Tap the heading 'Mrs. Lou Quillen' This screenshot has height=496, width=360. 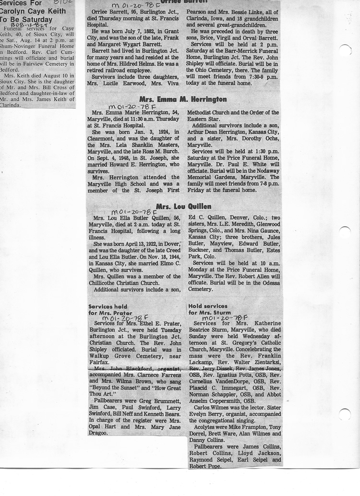tap(184, 206)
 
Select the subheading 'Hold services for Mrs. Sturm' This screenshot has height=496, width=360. tap(208, 309)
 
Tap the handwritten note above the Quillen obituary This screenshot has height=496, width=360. tap(134, 212)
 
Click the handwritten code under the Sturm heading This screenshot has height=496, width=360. tap(225, 318)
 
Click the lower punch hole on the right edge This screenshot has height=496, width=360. tap(345, 414)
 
